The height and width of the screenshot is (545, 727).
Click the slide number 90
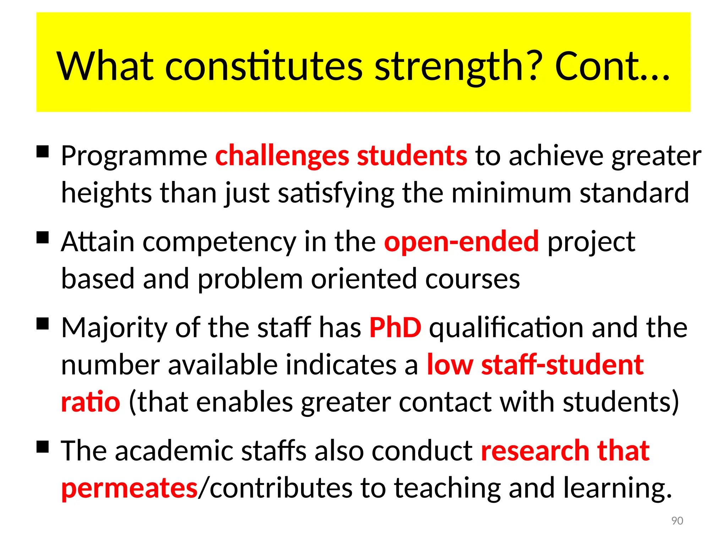coord(677,521)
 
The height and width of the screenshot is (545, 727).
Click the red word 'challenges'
coord(282,156)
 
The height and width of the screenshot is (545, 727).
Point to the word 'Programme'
coord(134,156)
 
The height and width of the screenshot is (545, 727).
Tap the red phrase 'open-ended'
coord(461,241)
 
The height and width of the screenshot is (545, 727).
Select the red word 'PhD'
coord(395,327)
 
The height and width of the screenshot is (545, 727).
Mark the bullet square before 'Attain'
coord(43,237)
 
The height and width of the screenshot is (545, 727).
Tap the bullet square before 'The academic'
coord(43,447)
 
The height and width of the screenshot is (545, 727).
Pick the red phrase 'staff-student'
coord(562,365)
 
